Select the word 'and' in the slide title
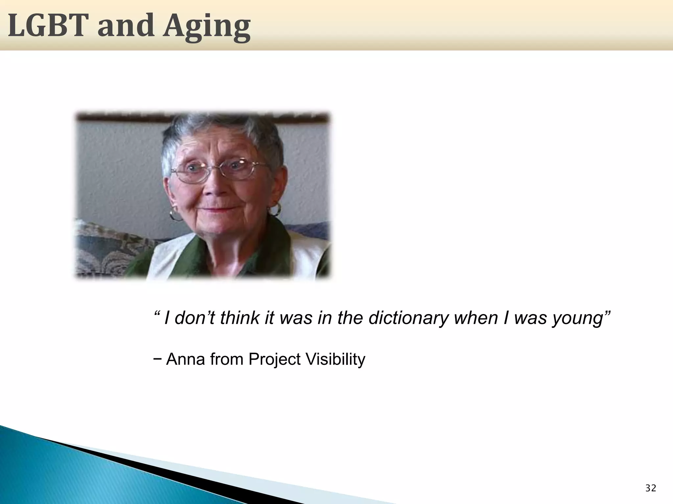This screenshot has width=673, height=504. point(126,26)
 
